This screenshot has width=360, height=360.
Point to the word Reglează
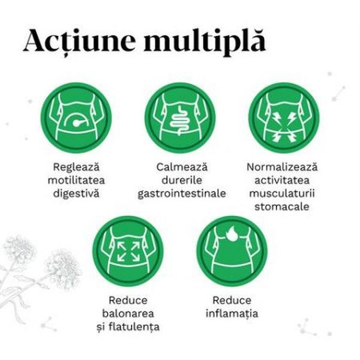76,166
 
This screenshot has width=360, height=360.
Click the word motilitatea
76,180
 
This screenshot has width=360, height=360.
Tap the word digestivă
76,194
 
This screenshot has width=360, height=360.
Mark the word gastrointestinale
181,194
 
